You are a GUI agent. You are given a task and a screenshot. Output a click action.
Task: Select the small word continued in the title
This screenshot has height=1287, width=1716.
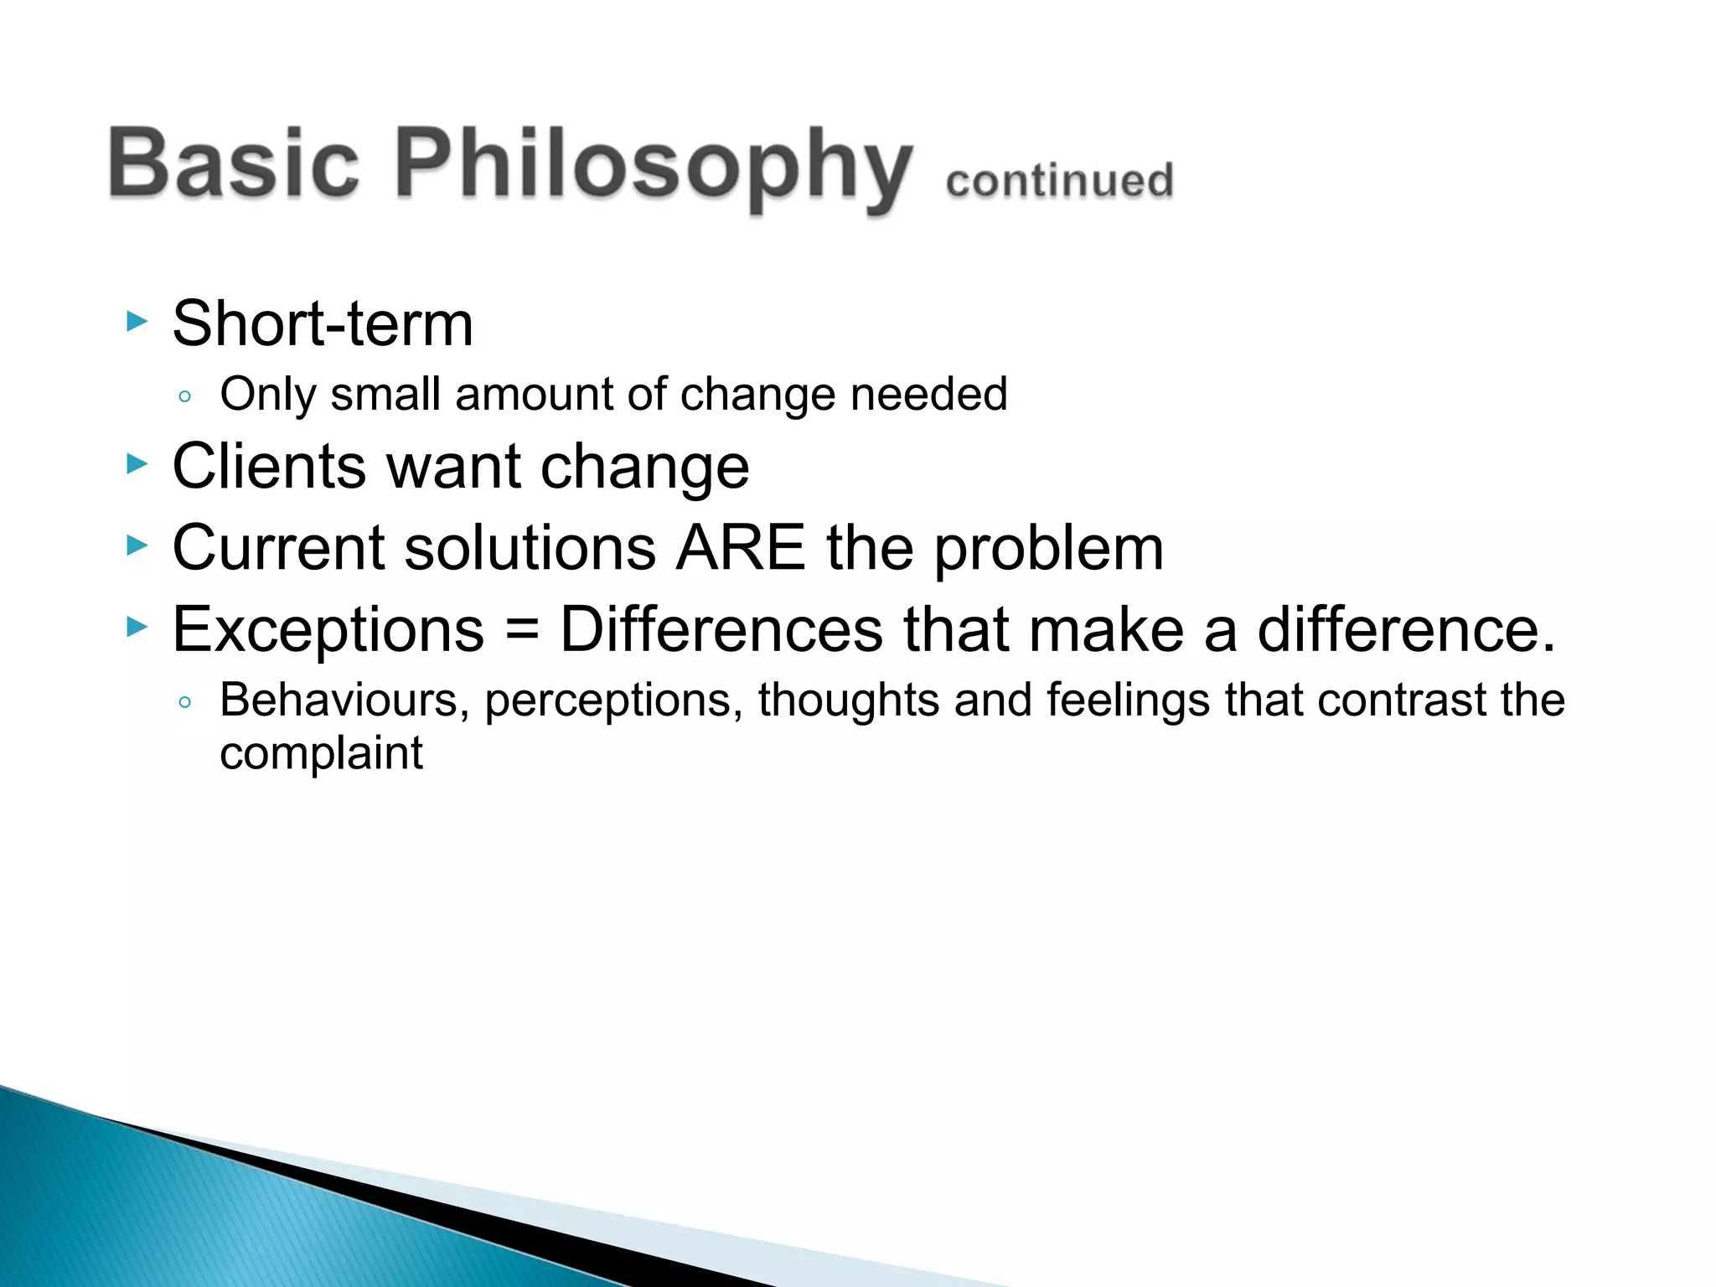click(1059, 181)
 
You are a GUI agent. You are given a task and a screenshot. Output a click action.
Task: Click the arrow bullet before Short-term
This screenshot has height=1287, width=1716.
click(137, 321)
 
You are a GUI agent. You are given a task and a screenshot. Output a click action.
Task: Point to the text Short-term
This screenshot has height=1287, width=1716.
click(323, 323)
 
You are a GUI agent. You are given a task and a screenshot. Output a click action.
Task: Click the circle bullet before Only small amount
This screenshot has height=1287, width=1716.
click(185, 396)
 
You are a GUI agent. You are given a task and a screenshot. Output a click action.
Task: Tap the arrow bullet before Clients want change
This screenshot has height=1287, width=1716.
click(137, 463)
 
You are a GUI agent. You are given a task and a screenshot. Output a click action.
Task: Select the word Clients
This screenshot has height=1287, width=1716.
click(269, 466)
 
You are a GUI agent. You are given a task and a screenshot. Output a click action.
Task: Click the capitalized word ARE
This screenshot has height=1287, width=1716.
click(741, 548)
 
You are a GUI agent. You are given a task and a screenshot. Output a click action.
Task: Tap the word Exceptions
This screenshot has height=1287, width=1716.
click(328, 630)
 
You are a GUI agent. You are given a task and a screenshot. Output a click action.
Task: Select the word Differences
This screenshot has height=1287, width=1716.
click(721, 630)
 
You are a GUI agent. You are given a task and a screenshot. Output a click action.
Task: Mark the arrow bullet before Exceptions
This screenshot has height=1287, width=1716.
click(137, 627)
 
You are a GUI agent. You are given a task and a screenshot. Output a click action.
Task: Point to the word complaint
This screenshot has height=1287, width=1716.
click(321, 753)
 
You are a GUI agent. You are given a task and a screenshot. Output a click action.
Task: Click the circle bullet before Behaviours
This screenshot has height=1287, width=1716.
click(185, 701)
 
